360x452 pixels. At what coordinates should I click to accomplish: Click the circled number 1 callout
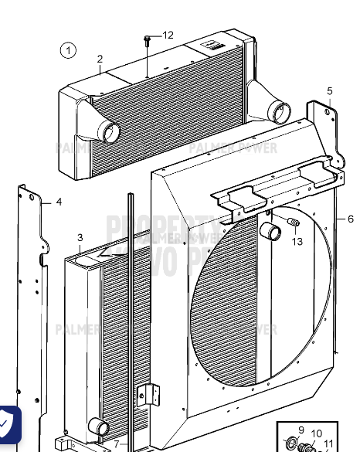tap(69, 51)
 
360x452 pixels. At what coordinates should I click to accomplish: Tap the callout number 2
tap(100, 59)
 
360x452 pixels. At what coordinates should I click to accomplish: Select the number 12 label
tap(168, 36)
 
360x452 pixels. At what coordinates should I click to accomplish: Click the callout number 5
tap(330, 91)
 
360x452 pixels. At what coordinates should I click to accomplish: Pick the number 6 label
tap(350, 219)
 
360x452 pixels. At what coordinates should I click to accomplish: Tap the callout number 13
tap(297, 241)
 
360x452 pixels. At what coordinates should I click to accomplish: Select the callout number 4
tap(59, 202)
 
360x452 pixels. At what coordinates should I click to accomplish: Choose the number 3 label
tap(80, 238)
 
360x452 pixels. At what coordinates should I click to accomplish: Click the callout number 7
tap(117, 444)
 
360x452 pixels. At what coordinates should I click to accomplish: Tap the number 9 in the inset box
tap(301, 430)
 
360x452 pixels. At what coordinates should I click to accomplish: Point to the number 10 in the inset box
tap(317, 433)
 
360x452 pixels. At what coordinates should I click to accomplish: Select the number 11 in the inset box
tap(329, 444)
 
